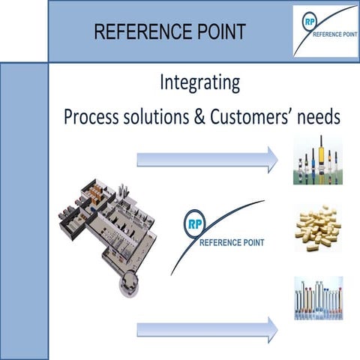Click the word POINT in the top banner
(x=217, y=31)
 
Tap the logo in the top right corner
(x=325, y=30)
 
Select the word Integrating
(x=200, y=82)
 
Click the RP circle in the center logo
(x=193, y=223)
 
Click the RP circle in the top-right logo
(x=307, y=20)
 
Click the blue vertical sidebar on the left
(x=24, y=210)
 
